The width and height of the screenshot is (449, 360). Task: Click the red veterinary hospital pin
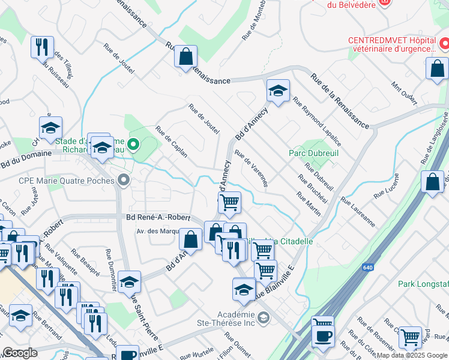point(444,44)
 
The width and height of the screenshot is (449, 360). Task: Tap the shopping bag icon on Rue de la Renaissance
point(186,58)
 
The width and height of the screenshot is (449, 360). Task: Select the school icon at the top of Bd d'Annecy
point(278,91)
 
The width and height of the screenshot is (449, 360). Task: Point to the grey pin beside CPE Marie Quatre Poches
point(124,180)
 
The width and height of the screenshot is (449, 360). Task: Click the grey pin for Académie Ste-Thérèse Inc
point(262,316)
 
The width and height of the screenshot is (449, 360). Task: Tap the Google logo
point(20,353)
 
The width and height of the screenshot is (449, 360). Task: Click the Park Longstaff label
point(426,283)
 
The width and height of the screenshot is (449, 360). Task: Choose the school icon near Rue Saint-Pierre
point(129,282)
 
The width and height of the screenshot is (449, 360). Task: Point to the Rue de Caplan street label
point(172,142)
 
